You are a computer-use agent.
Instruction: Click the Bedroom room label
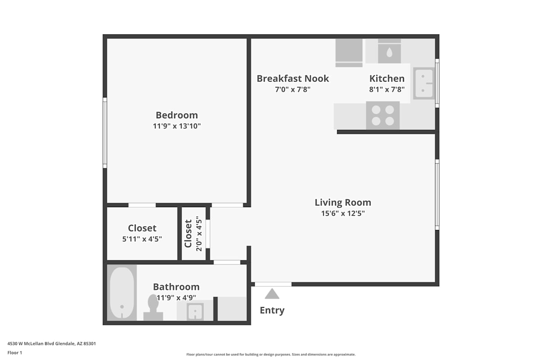pos(177,115)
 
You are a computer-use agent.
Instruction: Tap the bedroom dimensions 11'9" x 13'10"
pos(177,126)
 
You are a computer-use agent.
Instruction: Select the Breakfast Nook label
pos(293,78)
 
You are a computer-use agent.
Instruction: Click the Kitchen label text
pos(387,78)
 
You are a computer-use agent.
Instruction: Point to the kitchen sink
pos(424,83)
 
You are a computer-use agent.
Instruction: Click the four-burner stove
pos(383,115)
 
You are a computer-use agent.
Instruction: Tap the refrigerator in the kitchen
pos(349,53)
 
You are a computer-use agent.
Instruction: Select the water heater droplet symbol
pos(390,52)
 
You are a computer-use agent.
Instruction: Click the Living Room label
pos(343,203)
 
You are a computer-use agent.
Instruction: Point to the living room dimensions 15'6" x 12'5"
pos(343,213)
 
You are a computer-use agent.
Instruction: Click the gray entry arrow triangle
pos(272,294)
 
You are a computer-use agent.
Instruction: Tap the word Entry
pos(272,310)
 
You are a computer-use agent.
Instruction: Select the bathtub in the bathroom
pos(122,293)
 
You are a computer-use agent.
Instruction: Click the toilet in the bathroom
pos(153,307)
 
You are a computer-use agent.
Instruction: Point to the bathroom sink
pos(195,312)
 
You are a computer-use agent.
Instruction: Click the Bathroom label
pos(176,287)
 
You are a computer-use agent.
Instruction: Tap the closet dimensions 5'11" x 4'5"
pos(142,239)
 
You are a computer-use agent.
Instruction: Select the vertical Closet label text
pos(188,233)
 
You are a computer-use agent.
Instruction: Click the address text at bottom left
pos(52,344)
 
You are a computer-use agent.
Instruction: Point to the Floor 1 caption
pos(15,353)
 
